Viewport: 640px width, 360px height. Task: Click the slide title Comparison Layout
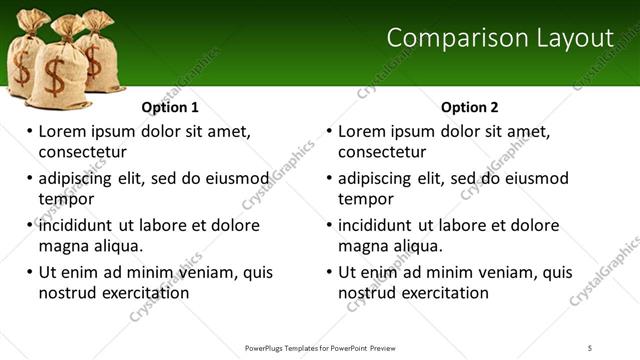pos(499,38)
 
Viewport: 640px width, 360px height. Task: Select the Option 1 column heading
pos(170,107)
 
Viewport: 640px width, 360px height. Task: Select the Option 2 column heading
pos(469,107)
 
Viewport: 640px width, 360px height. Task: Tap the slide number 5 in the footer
pos(590,348)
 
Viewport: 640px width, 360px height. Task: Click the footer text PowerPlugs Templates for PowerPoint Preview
pos(320,348)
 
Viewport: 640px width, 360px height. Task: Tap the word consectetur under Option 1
pos(82,152)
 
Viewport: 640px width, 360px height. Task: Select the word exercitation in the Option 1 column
pos(141,293)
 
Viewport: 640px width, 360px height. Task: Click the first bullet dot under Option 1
pos(29,131)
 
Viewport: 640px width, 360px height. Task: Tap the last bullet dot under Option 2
pos(329,272)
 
